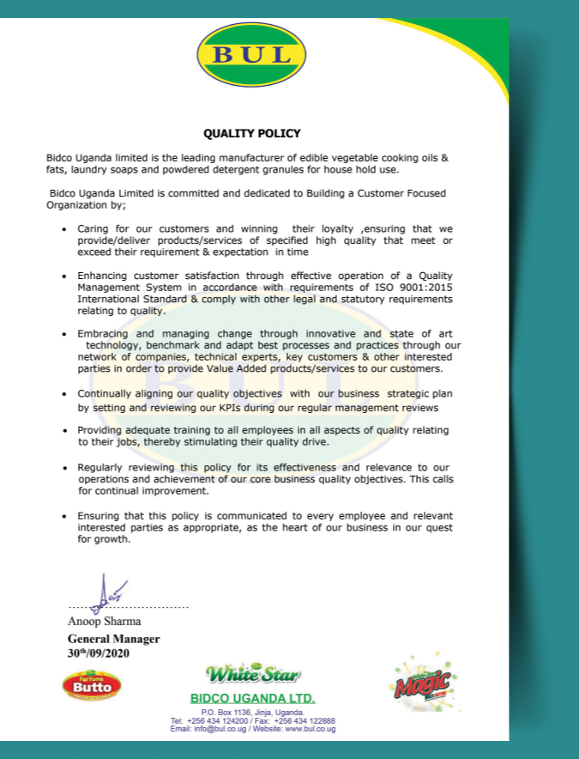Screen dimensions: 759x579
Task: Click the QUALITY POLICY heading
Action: pyautogui.click(x=252, y=134)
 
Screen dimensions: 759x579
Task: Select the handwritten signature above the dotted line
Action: pyautogui.click(x=109, y=591)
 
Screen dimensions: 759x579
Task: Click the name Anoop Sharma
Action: pyautogui.click(x=105, y=621)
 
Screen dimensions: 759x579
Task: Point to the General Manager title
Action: pyautogui.click(x=113, y=639)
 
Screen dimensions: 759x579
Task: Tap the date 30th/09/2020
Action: pyautogui.click(x=100, y=653)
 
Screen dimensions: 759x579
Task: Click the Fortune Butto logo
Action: pyautogui.click(x=92, y=685)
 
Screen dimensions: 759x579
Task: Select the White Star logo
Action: pyautogui.click(x=251, y=672)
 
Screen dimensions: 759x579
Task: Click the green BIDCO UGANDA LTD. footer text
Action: pyautogui.click(x=252, y=698)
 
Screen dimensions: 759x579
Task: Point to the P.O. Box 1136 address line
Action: pyautogui.click(x=252, y=713)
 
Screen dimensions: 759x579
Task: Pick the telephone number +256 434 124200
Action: pyautogui.click(x=216, y=720)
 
